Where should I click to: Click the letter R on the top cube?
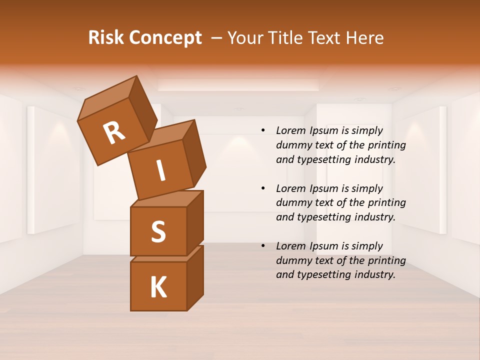point(114,133)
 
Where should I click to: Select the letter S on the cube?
point(158,231)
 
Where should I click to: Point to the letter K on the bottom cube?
point(158,287)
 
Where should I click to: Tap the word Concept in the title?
point(165,38)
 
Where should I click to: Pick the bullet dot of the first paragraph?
point(263,131)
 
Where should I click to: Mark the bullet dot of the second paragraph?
point(263,188)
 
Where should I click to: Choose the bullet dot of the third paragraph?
point(263,246)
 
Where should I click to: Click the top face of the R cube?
point(108,98)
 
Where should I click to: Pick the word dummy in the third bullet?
point(292,260)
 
